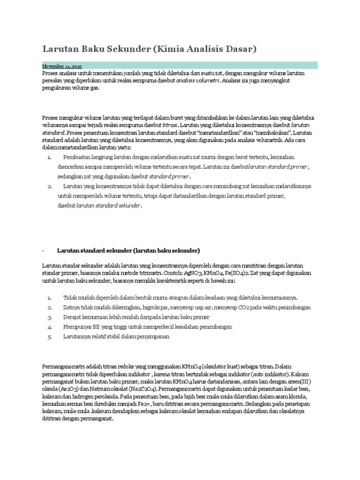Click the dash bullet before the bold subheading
[x=44, y=250]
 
